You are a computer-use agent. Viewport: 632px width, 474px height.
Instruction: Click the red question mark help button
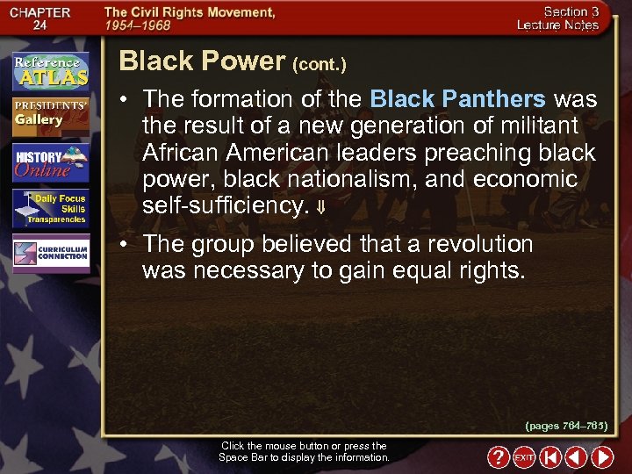pyautogui.click(x=498, y=457)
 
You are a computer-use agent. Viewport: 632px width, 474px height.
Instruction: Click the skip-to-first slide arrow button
pyautogui.click(x=550, y=457)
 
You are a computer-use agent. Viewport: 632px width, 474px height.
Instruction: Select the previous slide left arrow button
pyautogui.click(x=576, y=457)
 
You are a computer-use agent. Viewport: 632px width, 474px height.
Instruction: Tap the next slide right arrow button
pyautogui.click(x=602, y=457)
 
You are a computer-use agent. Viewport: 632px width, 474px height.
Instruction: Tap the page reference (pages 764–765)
pyautogui.click(x=566, y=426)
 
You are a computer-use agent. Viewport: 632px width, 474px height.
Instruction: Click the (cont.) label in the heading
pyautogui.click(x=320, y=64)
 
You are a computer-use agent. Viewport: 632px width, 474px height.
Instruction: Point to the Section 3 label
pyautogui.click(x=571, y=11)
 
